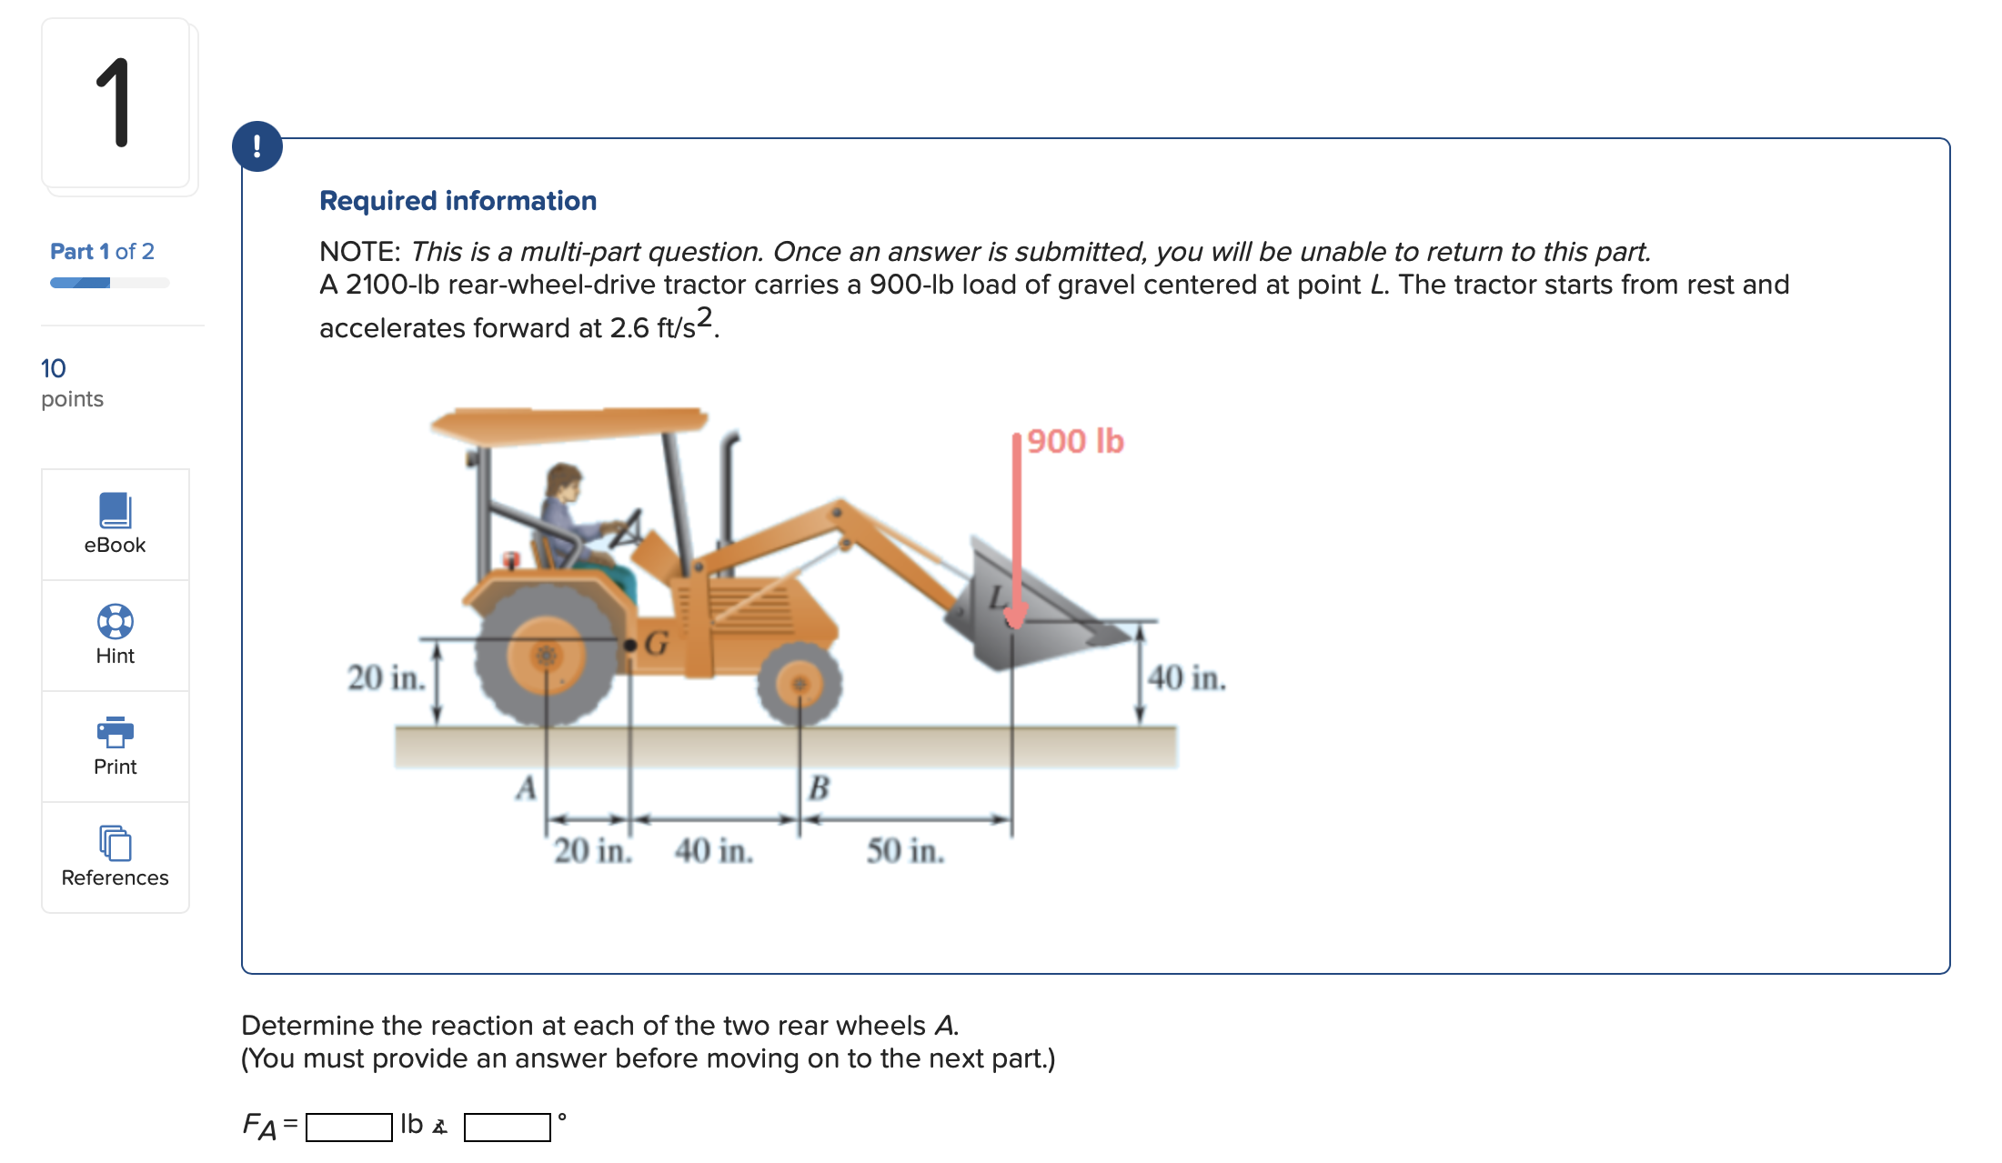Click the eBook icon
pyautogui.click(x=115, y=510)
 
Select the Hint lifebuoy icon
pyautogui.click(x=115, y=622)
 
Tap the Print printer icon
pyautogui.click(x=115, y=731)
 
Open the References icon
pyautogui.click(x=115, y=843)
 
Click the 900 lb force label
pyautogui.click(x=1075, y=441)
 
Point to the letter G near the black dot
pyautogui.click(x=657, y=644)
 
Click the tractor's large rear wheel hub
pyautogui.click(x=546, y=655)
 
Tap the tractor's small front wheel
pyautogui.click(x=800, y=684)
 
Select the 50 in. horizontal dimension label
pyautogui.click(x=905, y=851)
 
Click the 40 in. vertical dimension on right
pyautogui.click(x=1186, y=677)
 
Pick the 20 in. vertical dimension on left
pyautogui.click(x=386, y=677)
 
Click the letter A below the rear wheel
pyautogui.click(x=526, y=787)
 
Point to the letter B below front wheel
pyautogui.click(x=819, y=787)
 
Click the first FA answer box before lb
pyautogui.click(x=348, y=1127)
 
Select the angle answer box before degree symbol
pyautogui.click(x=507, y=1127)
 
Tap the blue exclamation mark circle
pyautogui.click(x=257, y=146)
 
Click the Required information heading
pyautogui.click(x=458, y=201)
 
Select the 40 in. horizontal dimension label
pyautogui.click(x=713, y=851)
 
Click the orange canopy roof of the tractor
pyautogui.click(x=568, y=425)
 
